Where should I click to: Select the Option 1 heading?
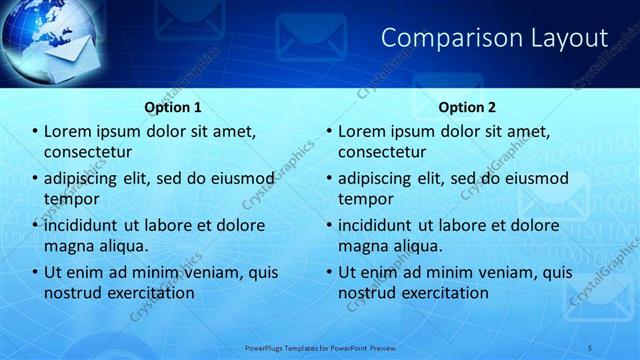point(173,107)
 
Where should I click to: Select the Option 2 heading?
point(467,107)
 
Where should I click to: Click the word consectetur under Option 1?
point(88,152)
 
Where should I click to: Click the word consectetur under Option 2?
point(382,152)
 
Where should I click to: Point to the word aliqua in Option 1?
point(122,245)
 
